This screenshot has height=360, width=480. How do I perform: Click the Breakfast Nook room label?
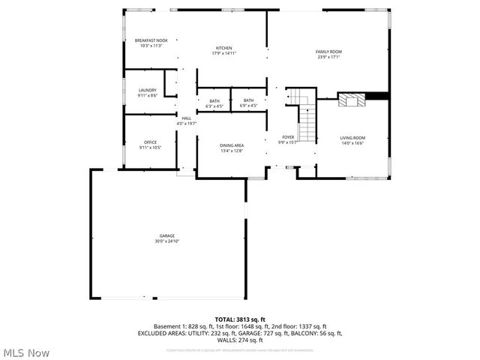(151, 40)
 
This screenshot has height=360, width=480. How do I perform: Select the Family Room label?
(328, 51)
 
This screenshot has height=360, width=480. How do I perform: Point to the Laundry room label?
(147, 91)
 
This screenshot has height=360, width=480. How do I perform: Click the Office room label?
(150, 142)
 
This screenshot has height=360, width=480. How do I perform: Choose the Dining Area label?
(232, 145)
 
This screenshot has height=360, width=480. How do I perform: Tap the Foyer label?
(288, 137)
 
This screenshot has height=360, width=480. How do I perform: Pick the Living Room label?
(352, 138)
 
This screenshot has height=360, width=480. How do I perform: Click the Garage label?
(166, 236)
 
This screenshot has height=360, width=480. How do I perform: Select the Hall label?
(186, 118)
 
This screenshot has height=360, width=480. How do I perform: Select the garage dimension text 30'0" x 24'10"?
(166, 241)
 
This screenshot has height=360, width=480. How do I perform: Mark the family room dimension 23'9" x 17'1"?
(328, 56)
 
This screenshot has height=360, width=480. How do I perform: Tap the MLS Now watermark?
(27, 352)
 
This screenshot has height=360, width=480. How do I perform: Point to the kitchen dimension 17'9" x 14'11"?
(224, 53)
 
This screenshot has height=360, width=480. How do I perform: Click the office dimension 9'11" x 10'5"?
(150, 148)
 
